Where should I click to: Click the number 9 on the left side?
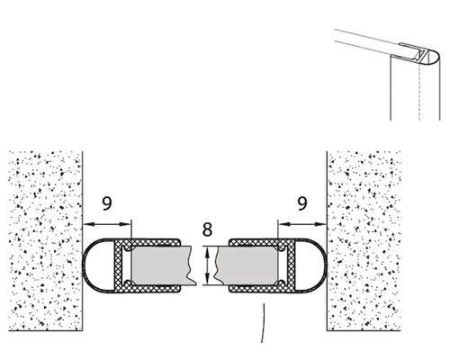point(107,205)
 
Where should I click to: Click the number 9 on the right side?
point(302,204)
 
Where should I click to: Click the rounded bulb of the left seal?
point(94,266)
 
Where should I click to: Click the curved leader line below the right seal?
point(264,324)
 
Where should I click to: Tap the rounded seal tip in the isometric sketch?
point(431,57)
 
